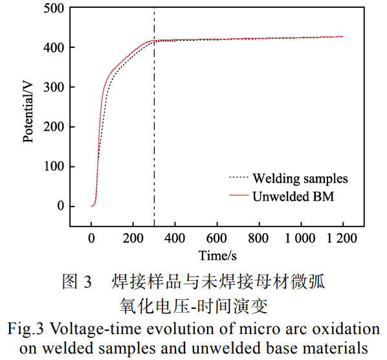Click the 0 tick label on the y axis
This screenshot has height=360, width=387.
pyautogui.click(x=60, y=206)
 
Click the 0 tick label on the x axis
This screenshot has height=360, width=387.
pyautogui.click(x=92, y=238)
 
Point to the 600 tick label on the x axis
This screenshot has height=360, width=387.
pyautogui.click(x=217, y=238)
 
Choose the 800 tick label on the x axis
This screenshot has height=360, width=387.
pyautogui.click(x=259, y=238)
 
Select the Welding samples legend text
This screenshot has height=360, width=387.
pyautogui.click(x=300, y=178)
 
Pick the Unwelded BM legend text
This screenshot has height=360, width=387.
pyautogui.click(x=293, y=195)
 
